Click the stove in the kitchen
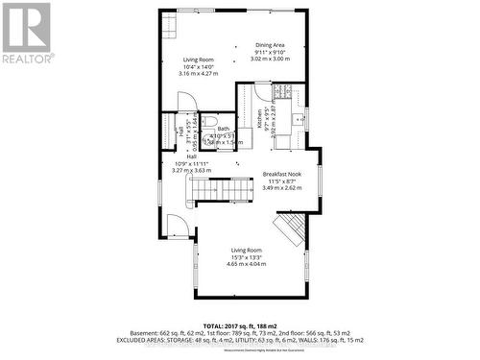(x=283, y=93)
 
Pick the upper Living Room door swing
(x=188, y=102)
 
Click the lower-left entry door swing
(x=176, y=227)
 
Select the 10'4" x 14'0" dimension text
(x=196, y=65)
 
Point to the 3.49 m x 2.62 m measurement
(x=282, y=188)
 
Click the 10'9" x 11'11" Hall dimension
(x=191, y=163)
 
